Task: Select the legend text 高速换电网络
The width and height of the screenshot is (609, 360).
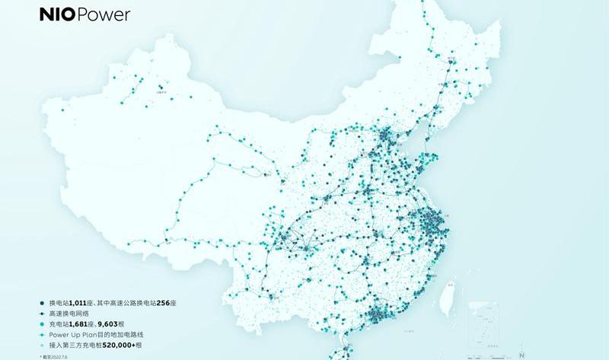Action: pyautogui.click(x=67, y=313)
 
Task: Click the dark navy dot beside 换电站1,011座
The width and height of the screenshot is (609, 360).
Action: pyautogui.click(x=43, y=303)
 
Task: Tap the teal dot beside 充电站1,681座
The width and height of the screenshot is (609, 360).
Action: pyautogui.click(x=43, y=323)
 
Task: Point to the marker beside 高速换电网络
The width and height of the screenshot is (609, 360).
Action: pyautogui.click(x=43, y=313)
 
